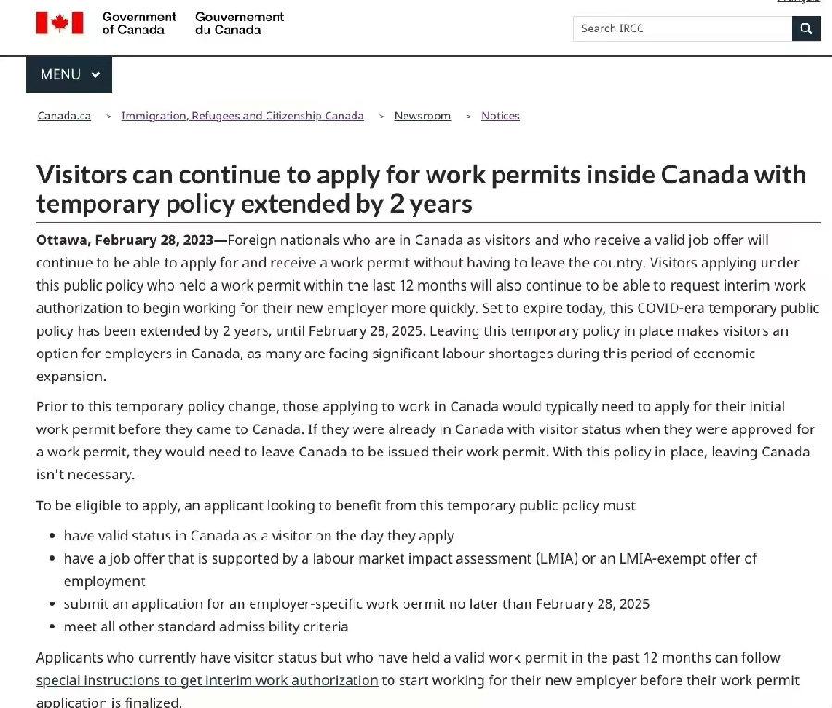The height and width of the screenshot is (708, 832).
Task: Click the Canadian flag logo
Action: (59, 23)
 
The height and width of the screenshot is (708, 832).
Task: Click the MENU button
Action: (68, 74)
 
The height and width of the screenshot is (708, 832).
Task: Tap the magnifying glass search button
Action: (806, 29)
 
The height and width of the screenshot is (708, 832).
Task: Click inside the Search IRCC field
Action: (682, 29)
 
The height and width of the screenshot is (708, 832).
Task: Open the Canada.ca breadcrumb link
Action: (64, 116)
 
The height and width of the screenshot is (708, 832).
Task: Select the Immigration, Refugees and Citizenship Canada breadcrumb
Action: (242, 116)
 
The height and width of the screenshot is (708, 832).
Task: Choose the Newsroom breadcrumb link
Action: (422, 116)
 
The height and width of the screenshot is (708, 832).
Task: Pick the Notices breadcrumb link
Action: (501, 116)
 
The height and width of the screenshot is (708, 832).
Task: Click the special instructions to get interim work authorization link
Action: (207, 680)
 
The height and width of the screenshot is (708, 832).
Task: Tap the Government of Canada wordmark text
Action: (139, 23)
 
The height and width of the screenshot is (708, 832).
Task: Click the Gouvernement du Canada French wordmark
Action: (240, 23)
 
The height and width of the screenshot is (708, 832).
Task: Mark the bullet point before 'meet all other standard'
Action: (52, 627)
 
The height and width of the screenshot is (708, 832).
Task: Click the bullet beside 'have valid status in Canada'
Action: (52, 536)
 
